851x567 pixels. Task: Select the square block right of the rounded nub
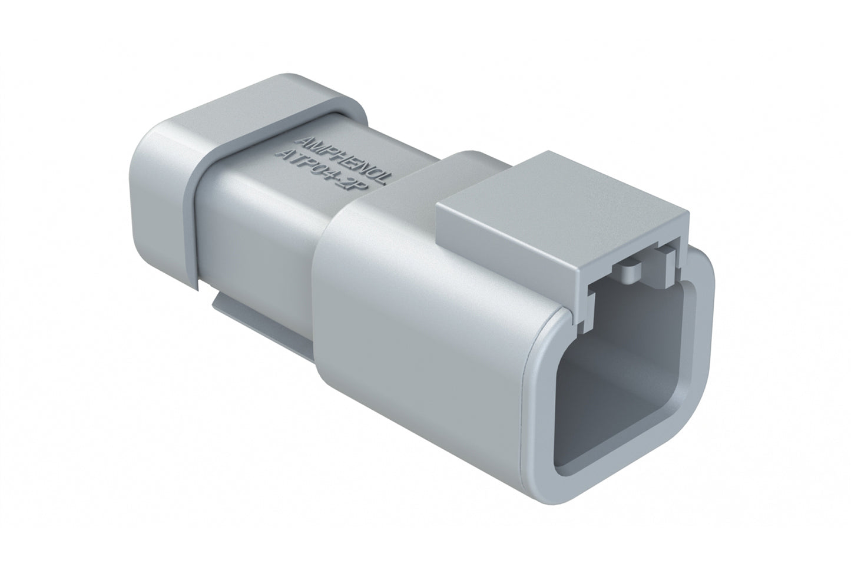click(665, 259)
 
